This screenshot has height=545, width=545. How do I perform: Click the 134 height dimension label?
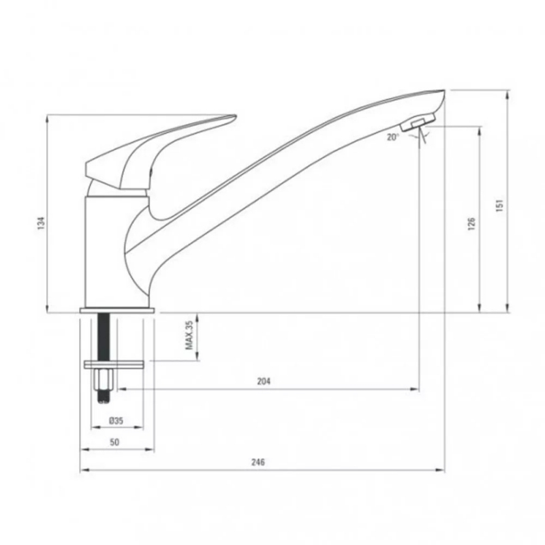coord(42,223)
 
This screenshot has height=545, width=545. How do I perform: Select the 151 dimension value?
coord(499,206)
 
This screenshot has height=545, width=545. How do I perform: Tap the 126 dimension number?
coord(471,224)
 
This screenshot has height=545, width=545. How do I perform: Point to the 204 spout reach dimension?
coord(264,381)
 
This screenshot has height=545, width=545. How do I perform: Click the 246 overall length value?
coord(258,462)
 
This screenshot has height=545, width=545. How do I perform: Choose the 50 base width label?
coord(114,442)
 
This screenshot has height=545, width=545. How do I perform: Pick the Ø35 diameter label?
coord(116,420)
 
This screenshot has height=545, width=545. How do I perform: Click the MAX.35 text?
coord(189,334)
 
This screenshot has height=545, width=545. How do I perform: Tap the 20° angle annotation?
coord(392,138)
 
